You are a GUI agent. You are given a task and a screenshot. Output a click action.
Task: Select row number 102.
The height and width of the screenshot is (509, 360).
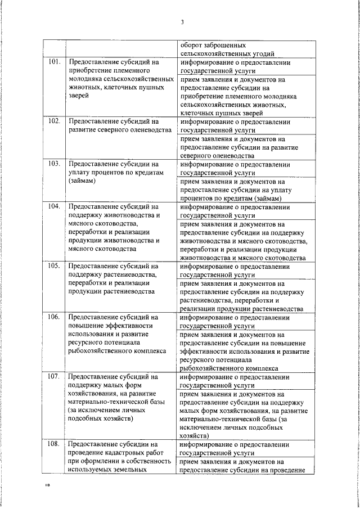pyautogui.click(x=53, y=121)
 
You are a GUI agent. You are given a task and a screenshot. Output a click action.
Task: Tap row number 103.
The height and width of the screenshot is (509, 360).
pyautogui.click(x=53, y=164)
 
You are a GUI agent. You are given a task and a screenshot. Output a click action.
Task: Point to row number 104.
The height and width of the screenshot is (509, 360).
pyautogui.click(x=53, y=207)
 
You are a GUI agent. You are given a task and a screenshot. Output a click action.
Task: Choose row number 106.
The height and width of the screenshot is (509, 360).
pyautogui.click(x=53, y=317)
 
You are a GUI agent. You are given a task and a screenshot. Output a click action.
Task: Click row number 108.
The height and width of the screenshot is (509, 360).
pyautogui.click(x=53, y=444)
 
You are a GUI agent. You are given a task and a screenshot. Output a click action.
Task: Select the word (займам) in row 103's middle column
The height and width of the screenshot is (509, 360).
pyautogui.click(x=82, y=181)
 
